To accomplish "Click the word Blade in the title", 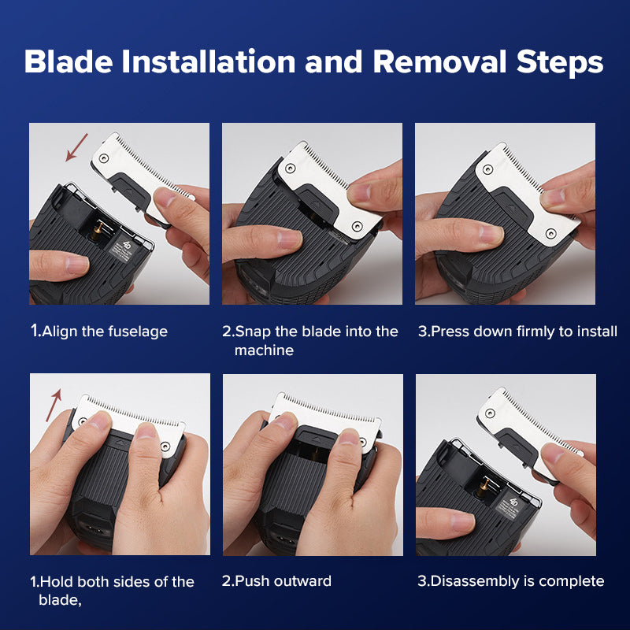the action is coord(69,61).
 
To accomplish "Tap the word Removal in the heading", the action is coord(439,61).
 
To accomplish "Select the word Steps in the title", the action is coord(560,63).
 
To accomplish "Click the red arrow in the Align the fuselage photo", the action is coord(76,147).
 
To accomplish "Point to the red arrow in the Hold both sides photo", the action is coord(54,405).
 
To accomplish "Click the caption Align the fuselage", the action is coord(99,331).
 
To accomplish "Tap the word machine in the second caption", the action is coord(264,350).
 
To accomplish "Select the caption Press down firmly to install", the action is coord(517,331).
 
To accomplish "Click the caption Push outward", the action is coord(276,581).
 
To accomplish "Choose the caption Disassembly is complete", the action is coord(510,581).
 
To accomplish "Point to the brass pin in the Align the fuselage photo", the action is coord(97,232).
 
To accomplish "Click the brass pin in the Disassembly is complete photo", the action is coord(484,485).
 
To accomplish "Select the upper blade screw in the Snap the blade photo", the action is coord(290,168).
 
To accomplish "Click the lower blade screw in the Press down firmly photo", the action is coord(550,233).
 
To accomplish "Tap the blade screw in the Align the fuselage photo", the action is coord(104,158).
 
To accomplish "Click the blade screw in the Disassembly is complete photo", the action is coord(490,413).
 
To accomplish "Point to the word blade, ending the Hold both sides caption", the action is coord(60,600).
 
